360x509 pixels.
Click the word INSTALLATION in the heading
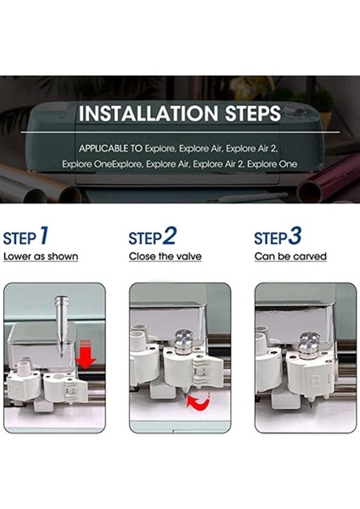tap(148, 114)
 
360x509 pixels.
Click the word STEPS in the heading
tap(253, 114)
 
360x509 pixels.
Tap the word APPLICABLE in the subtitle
tap(104, 148)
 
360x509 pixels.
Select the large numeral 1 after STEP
tap(44, 235)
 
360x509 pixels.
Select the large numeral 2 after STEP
tap(169, 236)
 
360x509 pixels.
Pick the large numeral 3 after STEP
tap(295, 236)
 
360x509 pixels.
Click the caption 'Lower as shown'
tap(41, 256)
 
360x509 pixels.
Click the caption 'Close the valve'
tap(165, 256)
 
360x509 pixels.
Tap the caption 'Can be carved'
tap(290, 256)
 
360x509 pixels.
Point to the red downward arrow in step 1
tap(85, 355)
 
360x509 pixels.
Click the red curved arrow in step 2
tap(199, 402)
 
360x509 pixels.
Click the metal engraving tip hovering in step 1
tap(61, 325)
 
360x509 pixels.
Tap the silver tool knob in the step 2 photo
tap(184, 343)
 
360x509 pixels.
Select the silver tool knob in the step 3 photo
tap(309, 346)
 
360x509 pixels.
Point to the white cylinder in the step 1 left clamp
tap(24, 367)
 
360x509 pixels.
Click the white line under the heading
tap(180, 132)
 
